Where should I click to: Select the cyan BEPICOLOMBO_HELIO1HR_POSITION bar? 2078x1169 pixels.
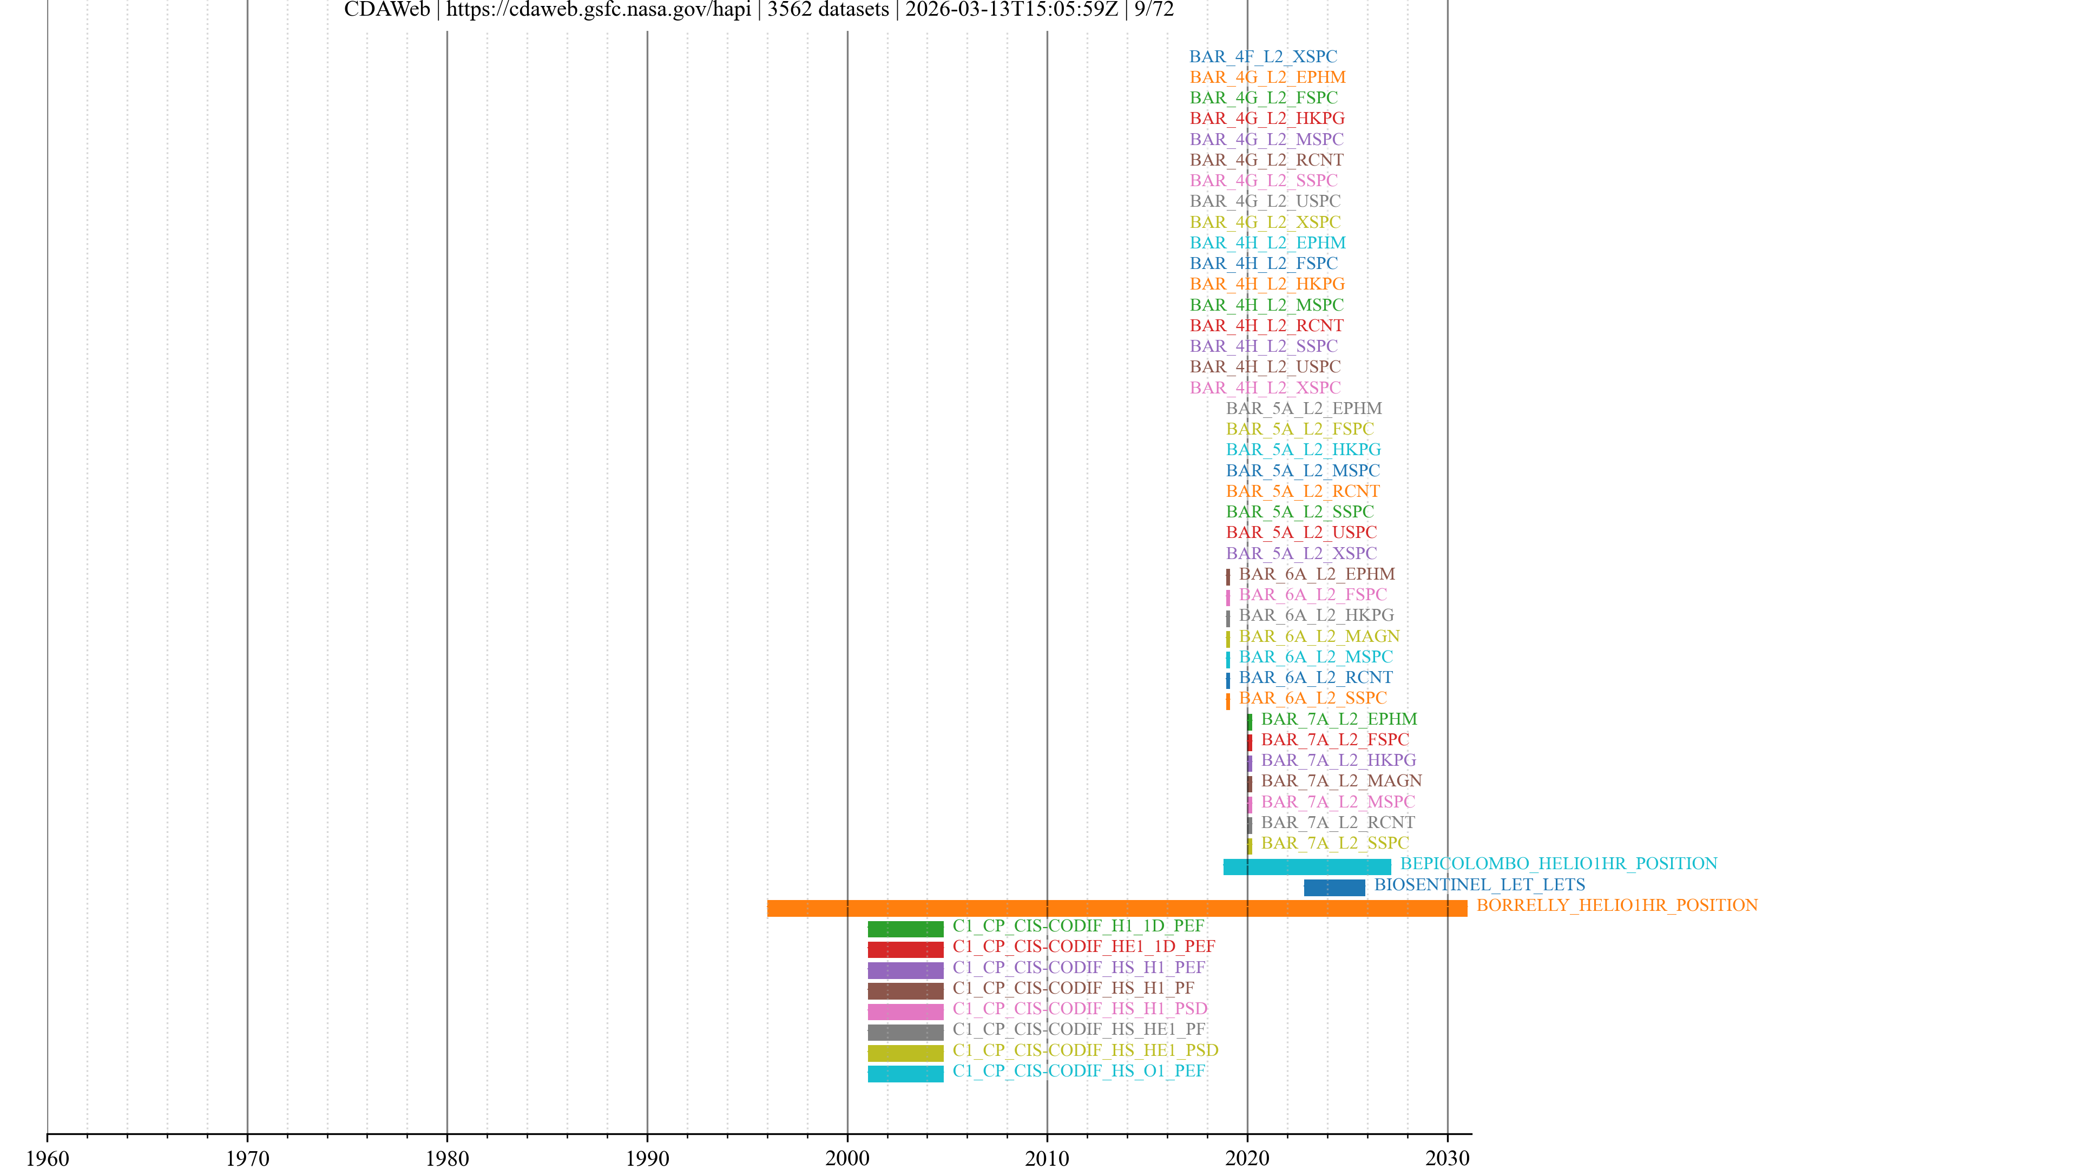tap(1307, 867)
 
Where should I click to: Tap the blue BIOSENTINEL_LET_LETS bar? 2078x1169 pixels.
tap(1334, 888)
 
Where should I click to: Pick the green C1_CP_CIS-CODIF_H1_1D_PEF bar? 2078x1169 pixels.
tap(905, 929)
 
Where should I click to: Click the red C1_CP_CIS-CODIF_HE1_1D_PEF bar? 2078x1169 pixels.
tap(905, 950)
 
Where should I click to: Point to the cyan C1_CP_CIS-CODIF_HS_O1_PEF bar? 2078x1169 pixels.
tap(905, 1074)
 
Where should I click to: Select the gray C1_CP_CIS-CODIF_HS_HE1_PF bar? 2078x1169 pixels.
tap(905, 1033)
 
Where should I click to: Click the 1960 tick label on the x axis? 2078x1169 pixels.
tap(48, 1159)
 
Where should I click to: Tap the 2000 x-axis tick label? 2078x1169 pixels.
tap(847, 1159)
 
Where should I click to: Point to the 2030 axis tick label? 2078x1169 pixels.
tap(1447, 1159)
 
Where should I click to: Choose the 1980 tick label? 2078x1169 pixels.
tap(447, 1159)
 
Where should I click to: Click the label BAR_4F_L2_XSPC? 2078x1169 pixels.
tap(1262, 56)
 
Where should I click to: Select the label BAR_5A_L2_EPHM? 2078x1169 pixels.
tap(1304, 408)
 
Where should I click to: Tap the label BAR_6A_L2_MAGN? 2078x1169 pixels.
tap(1319, 636)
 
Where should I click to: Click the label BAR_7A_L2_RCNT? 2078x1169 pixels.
tap(1338, 822)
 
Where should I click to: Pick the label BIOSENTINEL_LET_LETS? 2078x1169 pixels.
tap(1479, 884)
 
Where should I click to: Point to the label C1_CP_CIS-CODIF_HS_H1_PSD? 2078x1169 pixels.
tap(1080, 1008)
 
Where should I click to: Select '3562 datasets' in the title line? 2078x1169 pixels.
tap(827, 10)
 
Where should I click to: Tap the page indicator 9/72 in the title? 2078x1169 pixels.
tap(1154, 10)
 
